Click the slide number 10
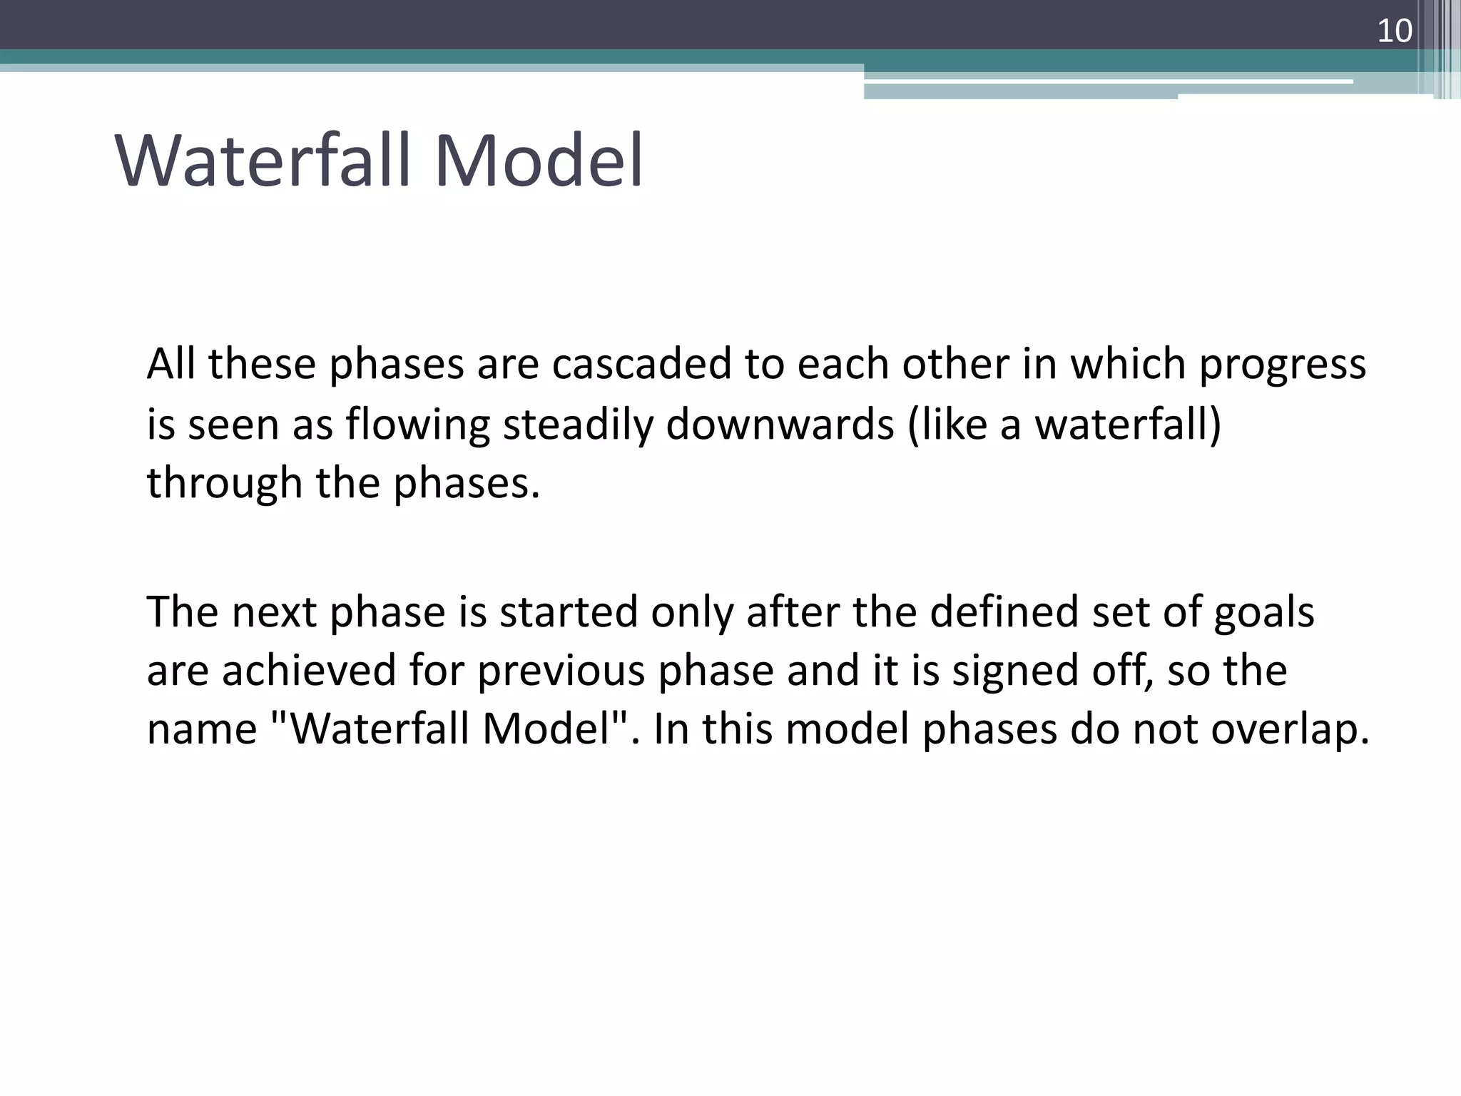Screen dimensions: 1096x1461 (x=1394, y=31)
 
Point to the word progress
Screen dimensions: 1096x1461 (x=1282, y=365)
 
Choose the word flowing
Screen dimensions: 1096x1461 (x=418, y=425)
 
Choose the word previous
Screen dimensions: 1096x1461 (x=561, y=672)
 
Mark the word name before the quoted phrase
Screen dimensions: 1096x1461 (x=202, y=731)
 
